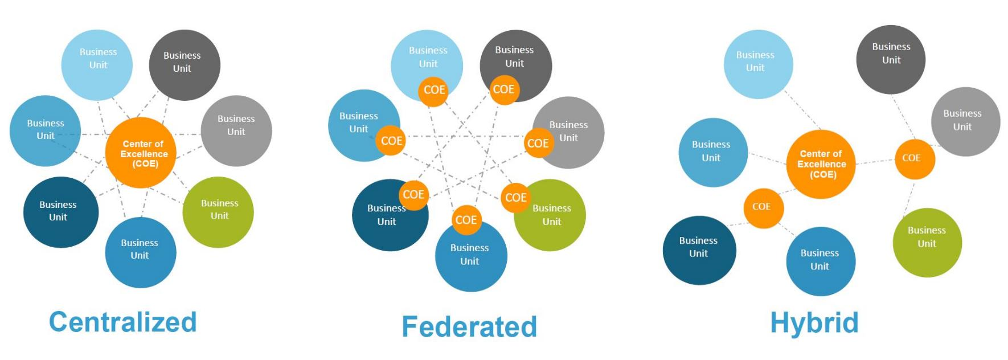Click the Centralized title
click(x=123, y=322)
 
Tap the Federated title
click(x=469, y=326)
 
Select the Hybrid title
click(x=814, y=323)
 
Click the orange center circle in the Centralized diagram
click(x=141, y=153)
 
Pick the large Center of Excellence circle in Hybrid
click(x=821, y=164)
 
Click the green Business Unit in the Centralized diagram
click(x=218, y=212)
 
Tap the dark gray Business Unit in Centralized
click(x=185, y=65)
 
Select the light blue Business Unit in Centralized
click(x=97, y=65)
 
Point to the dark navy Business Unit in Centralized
click(x=61, y=212)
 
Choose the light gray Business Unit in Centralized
click(x=236, y=130)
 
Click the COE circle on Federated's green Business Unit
click(x=515, y=197)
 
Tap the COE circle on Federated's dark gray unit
click(x=505, y=89)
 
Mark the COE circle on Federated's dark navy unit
click(x=413, y=195)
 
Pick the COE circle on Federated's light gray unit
click(x=538, y=143)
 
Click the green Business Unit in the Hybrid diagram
click(x=927, y=243)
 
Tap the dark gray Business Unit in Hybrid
click(x=891, y=59)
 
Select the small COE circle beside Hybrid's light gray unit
click(x=915, y=159)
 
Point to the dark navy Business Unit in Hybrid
click(x=699, y=250)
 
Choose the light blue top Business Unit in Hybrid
click(x=759, y=64)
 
